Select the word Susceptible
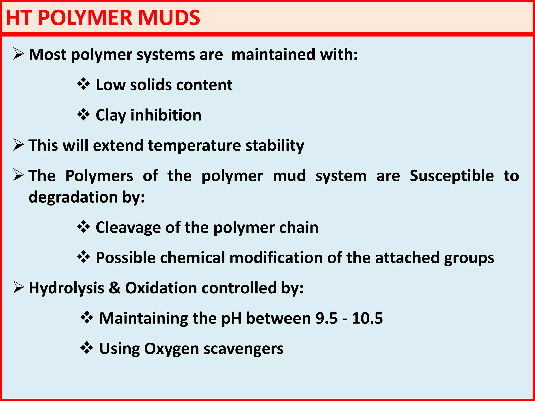pos(452,176)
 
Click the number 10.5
pos(367,319)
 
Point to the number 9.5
pos(327,319)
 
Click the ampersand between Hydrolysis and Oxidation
pos(115,288)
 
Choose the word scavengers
pos(243,349)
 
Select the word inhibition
pos(166,115)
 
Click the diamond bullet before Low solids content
pos(84,84)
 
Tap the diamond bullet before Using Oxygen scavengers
pos(87,348)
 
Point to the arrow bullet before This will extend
pos(19,145)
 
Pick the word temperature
pos(194,146)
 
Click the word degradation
pos(73,197)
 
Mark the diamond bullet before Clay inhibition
pos(84,115)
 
